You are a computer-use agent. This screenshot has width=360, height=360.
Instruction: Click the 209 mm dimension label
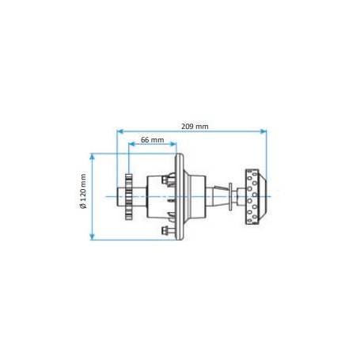(195, 127)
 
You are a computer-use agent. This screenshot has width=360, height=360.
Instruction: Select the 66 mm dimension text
(152, 140)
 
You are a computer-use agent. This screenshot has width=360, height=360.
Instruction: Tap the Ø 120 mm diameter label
(83, 191)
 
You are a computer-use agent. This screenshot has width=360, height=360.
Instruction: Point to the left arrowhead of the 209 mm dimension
(120, 131)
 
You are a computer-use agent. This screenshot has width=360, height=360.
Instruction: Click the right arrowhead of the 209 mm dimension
(263, 131)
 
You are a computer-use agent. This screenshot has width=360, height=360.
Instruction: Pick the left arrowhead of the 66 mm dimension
(132, 144)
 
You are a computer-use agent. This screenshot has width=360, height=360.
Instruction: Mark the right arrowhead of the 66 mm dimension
(173, 144)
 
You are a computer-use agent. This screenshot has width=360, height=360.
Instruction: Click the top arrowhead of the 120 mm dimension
(92, 157)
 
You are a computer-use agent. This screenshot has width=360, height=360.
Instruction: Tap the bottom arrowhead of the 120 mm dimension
(92, 237)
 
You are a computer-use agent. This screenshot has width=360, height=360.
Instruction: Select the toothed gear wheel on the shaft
(128, 196)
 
